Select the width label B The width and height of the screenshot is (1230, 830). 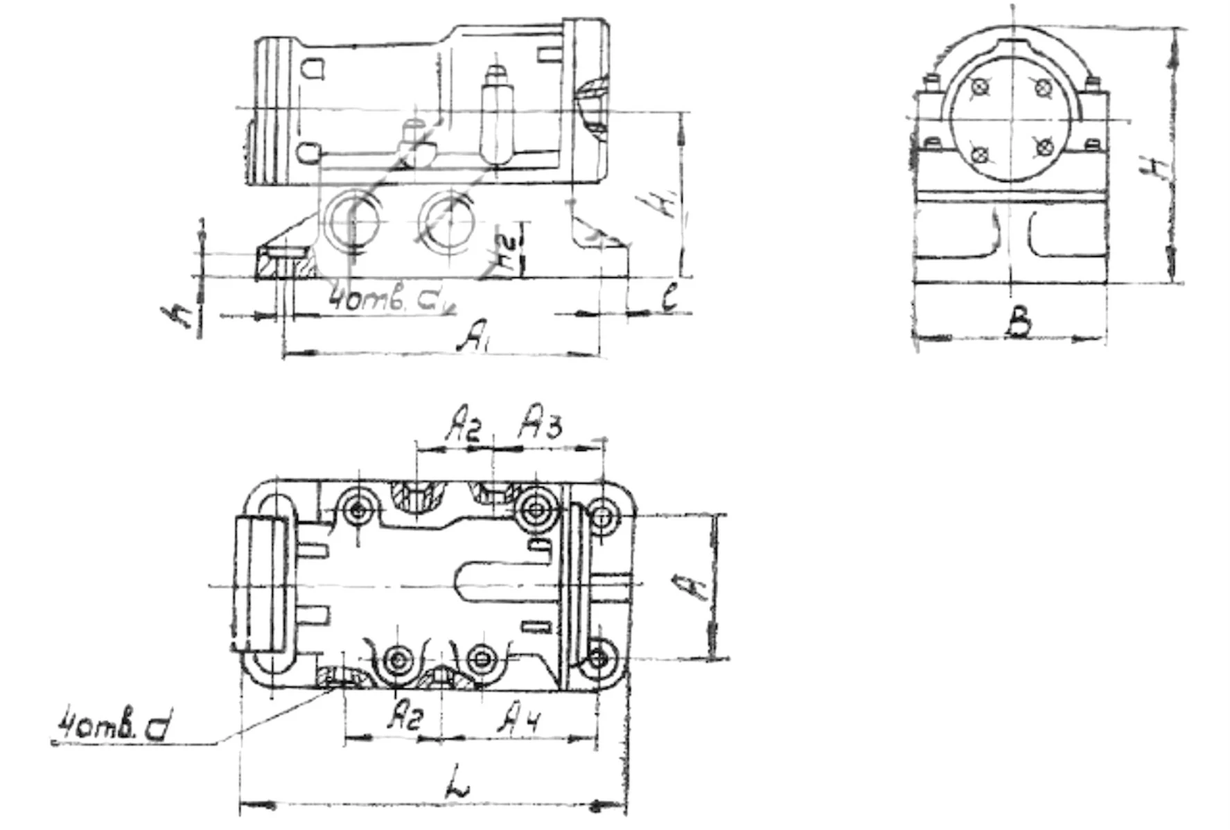tap(1018, 323)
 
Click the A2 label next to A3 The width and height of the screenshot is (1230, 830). tap(463, 424)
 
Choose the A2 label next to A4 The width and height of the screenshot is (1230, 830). tap(404, 716)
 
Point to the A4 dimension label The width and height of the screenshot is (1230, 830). tap(519, 718)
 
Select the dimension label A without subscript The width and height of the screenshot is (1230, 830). tap(695, 586)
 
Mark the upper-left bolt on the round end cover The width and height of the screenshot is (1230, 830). tap(979, 87)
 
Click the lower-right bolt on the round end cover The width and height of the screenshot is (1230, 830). tap(1044, 147)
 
